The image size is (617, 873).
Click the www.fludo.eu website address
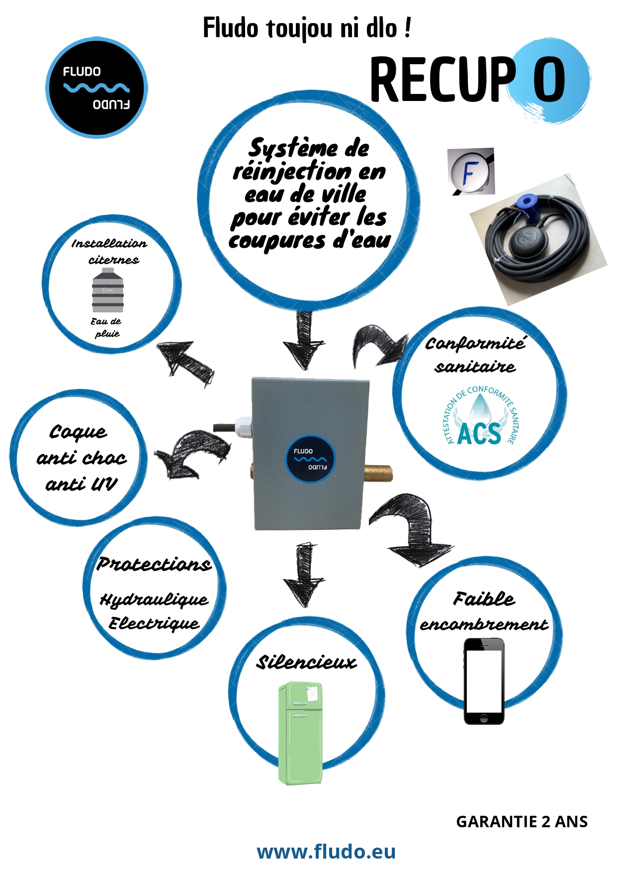(x=326, y=851)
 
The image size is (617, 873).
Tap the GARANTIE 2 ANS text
(x=522, y=822)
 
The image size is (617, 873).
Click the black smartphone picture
(x=484, y=681)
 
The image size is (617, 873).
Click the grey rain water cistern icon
(x=107, y=291)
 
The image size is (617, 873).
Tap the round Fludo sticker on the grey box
(x=310, y=459)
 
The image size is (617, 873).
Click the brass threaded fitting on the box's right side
(x=378, y=473)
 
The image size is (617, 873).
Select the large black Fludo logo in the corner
(x=96, y=88)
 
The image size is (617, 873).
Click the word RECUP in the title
(x=442, y=80)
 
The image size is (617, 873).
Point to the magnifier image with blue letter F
(x=470, y=172)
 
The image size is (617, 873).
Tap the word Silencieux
(x=306, y=662)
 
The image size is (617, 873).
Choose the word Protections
(x=154, y=564)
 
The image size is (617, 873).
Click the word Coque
(x=78, y=432)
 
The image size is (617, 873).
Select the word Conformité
(x=475, y=343)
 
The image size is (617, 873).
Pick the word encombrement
(x=484, y=624)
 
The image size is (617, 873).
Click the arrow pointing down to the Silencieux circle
(x=304, y=575)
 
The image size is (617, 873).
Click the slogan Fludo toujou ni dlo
(x=307, y=28)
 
